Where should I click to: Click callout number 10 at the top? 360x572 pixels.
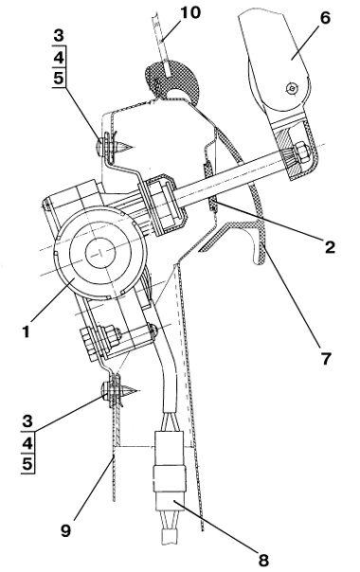click(x=190, y=12)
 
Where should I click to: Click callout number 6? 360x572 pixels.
click(x=325, y=18)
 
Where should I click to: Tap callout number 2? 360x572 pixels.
click(x=330, y=247)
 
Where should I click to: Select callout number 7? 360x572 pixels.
click(x=325, y=358)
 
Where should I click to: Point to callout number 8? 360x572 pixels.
click(x=262, y=560)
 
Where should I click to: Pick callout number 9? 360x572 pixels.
click(x=65, y=530)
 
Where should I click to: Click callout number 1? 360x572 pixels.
click(x=26, y=332)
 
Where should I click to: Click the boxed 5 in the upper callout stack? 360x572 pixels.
click(x=59, y=78)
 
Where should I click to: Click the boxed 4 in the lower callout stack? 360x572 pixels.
click(x=27, y=443)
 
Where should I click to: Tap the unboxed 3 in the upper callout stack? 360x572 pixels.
click(x=59, y=36)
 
